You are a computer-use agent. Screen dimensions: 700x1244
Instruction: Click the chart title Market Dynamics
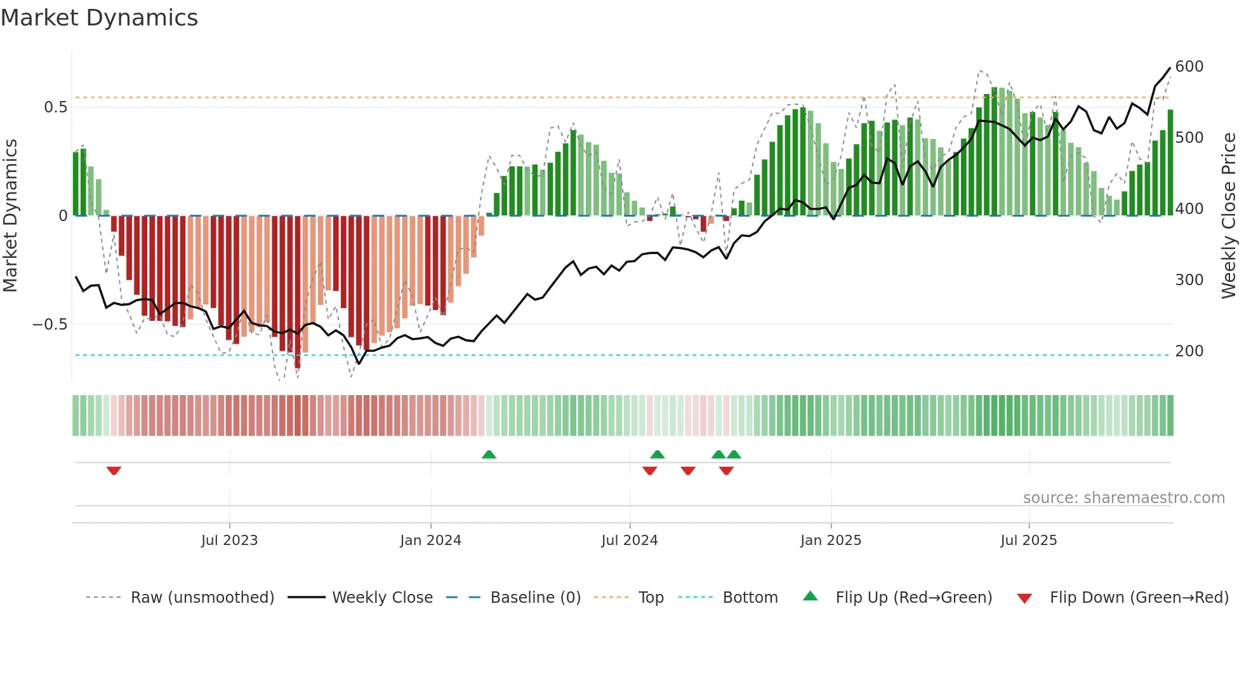[99, 18]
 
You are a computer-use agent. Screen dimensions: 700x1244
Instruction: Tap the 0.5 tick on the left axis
[55, 107]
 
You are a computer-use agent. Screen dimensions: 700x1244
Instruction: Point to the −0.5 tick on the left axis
[50, 325]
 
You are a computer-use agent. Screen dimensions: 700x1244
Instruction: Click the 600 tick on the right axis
[1189, 67]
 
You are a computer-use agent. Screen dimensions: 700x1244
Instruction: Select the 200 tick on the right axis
[1189, 351]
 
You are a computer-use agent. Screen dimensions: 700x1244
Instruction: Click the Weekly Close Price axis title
[1229, 216]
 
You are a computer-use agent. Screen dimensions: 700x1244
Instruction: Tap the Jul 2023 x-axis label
[229, 541]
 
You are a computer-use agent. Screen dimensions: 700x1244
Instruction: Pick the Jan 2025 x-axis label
[830, 541]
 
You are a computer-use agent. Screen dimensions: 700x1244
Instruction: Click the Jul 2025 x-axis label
[1028, 541]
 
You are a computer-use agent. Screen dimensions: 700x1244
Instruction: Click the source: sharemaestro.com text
[1123, 498]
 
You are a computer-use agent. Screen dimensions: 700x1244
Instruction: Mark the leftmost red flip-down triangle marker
[114, 471]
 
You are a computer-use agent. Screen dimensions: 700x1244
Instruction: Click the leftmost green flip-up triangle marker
[489, 454]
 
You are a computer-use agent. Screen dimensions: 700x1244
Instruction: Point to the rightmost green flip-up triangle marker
[734, 454]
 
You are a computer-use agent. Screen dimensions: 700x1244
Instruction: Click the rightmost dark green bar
[1170, 163]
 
